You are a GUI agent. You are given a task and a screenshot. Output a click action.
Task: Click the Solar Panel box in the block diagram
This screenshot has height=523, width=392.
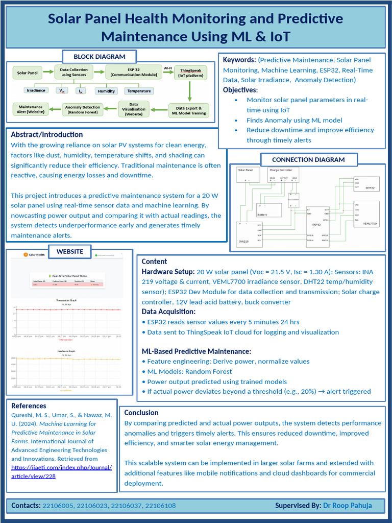pos(29,73)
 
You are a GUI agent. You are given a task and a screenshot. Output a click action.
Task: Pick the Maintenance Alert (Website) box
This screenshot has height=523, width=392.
pos(31,110)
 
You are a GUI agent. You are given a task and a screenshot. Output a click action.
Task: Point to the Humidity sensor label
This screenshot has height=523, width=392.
pos(106,91)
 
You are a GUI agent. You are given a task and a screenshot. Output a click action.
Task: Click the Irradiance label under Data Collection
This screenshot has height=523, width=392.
pos(36,90)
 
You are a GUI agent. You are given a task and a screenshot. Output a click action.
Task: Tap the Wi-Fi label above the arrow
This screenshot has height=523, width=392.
pos(167,67)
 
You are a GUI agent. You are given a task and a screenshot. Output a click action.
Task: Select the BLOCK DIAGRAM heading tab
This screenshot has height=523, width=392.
pos(100,57)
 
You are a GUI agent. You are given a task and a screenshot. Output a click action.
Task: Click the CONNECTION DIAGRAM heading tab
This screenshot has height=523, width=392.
pos(308,160)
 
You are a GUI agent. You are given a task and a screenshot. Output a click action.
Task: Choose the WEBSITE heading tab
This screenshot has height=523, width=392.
pos(70,252)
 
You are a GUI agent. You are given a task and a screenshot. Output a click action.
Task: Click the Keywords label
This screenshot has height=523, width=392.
pos(239,60)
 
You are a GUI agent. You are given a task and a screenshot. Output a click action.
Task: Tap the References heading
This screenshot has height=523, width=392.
pos(29,406)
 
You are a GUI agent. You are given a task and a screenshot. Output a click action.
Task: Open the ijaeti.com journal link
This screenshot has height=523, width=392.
pos(61,471)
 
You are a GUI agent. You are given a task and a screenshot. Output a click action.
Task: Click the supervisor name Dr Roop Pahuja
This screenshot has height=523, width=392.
pos(347,506)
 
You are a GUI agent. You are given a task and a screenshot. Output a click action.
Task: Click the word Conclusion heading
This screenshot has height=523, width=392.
pos(141,413)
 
